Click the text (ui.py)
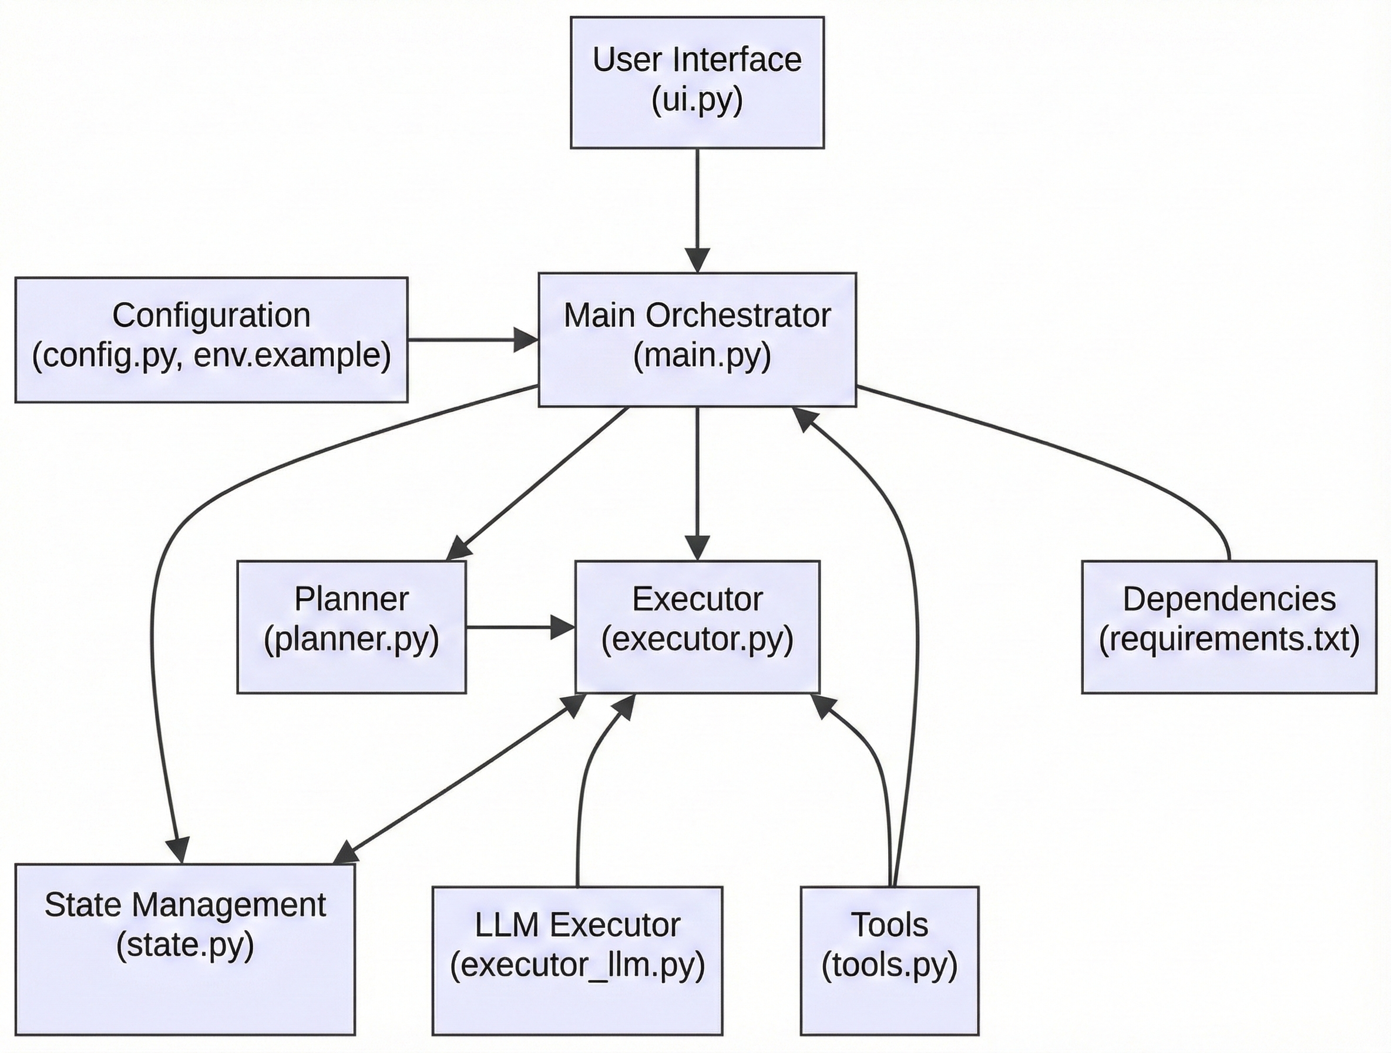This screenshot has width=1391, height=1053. pyautogui.click(x=697, y=99)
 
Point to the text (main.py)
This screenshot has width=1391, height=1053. pyautogui.click(x=702, y=356)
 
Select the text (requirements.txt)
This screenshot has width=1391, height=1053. pyautogui.click(x=1229, y=639)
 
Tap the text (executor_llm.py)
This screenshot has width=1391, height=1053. pyautogui.click(x=577, y=965)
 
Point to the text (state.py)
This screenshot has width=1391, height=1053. pyautogui.click(x=185, y=945)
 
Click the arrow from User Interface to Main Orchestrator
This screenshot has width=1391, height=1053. pyautogui.click(x=697, y=202)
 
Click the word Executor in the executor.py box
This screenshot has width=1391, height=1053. pyautogui.click(x=697, y=599)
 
